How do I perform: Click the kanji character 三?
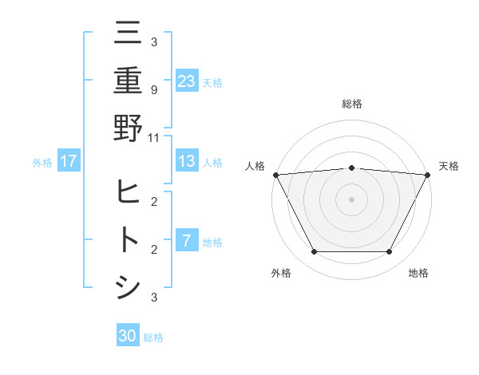[x=128, y=34]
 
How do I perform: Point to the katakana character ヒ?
[x=128, y=191]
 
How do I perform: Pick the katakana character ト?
[x=128, y=239]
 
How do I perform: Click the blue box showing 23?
[x=187, y=81]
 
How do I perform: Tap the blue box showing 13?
[x=187, y=161]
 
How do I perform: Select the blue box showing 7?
[x=186, y=241]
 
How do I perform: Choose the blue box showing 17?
[x=69, y=161]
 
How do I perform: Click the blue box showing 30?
[x=128, y=336]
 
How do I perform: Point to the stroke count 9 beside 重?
[x=153, y=89]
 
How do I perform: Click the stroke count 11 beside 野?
[x=153, y=137]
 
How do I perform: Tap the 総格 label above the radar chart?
[x=351, y=104]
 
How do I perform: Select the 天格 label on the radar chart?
[x=449, y=166]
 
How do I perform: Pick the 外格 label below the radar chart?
[x=281, y=273]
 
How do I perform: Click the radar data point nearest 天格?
[x=427, y=175]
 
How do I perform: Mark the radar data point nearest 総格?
[x=351, y=168]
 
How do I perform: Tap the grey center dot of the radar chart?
[x=351, y=199]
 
